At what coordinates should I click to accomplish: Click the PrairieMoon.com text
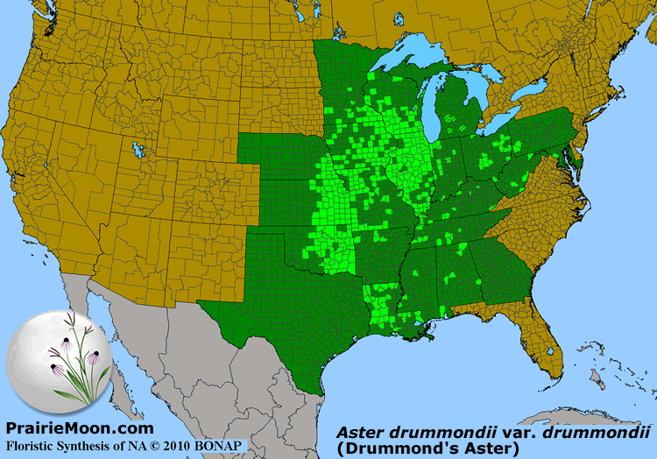point(80,428)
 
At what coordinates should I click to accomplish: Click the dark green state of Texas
point(289,324)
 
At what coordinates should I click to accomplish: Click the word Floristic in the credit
point(34,444)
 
